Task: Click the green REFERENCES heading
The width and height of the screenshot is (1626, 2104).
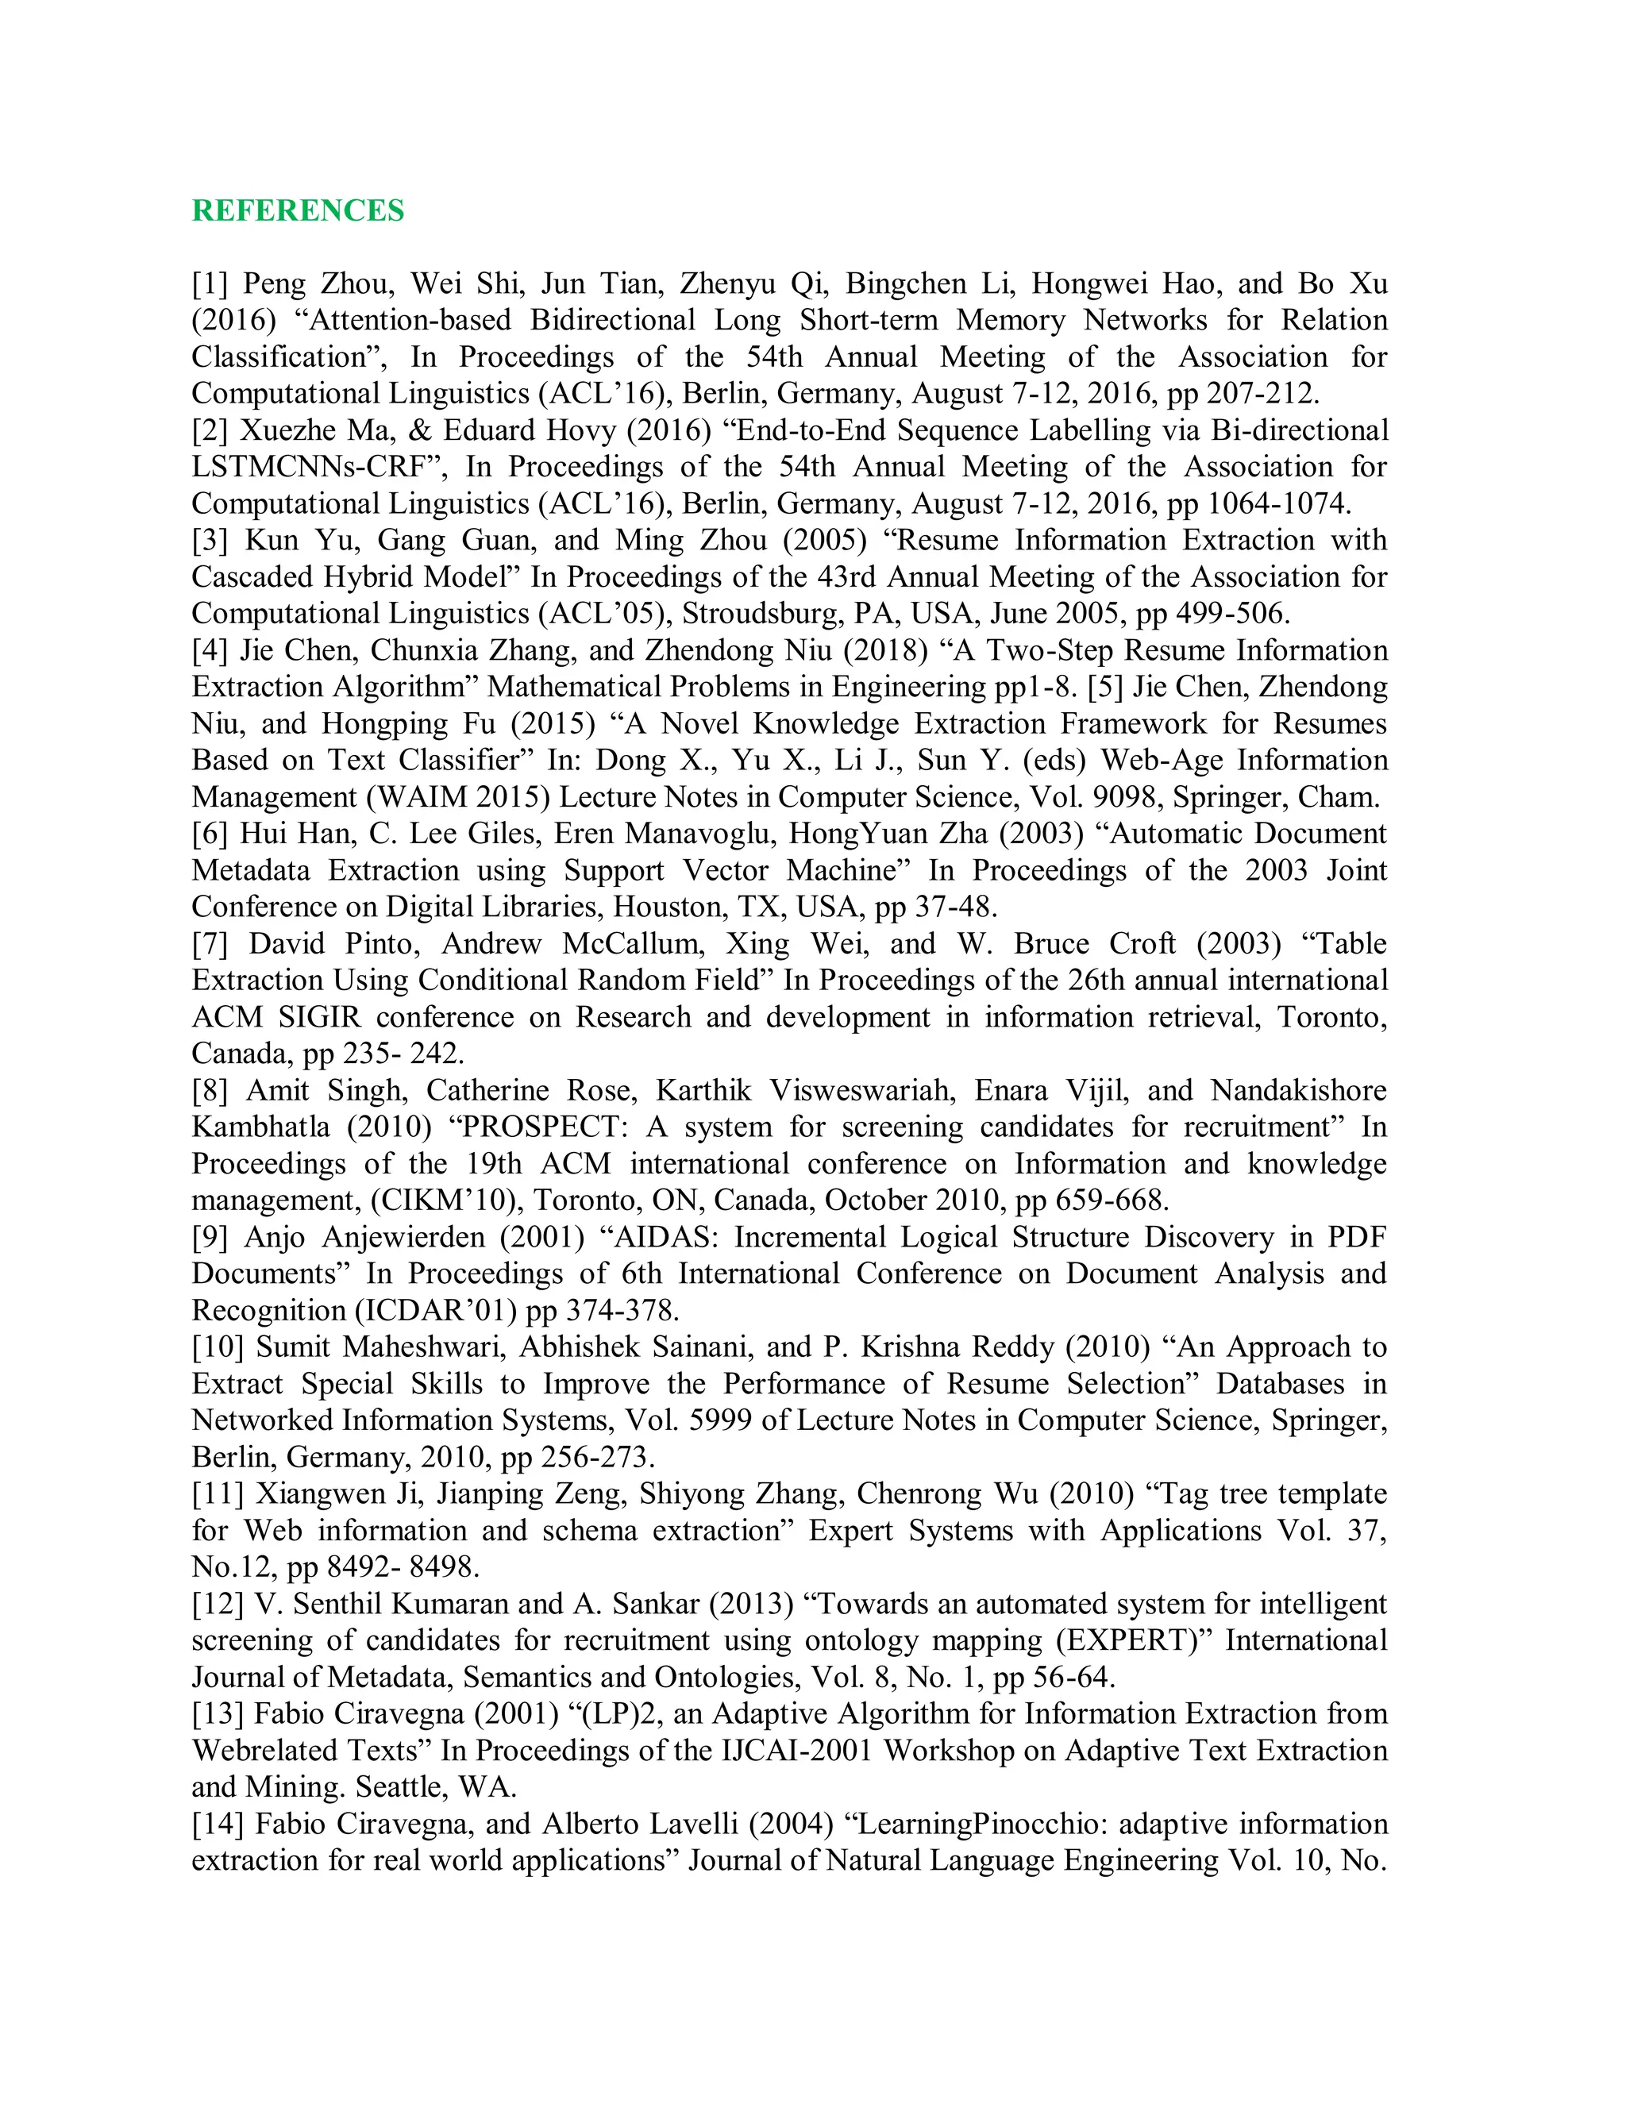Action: click(x=298, y=211)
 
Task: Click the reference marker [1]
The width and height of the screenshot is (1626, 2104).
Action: click(x=209, y=284)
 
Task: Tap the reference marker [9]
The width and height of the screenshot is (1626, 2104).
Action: click(x=209, y=1237)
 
